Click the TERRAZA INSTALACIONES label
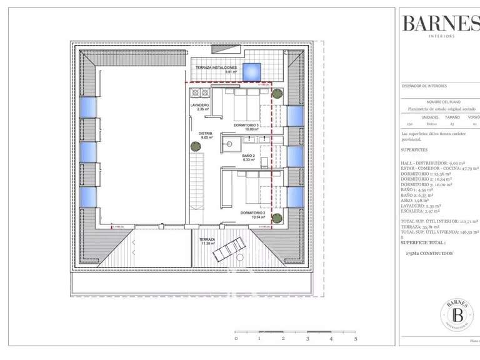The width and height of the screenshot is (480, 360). pyautogui.click(x=216, y=68)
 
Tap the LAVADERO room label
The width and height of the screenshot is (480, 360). pyautogui.click(x=199, y=107)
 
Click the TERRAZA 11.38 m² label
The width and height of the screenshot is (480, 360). pyautogui.click(x=207, y=241)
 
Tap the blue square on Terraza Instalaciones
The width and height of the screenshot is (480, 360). pyautogui.click(x=252, y=71)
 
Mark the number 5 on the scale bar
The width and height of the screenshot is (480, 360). pyautogui.click(x=356, y=338)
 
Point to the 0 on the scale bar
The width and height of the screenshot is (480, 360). pyautogui.click(x=236, y=338)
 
